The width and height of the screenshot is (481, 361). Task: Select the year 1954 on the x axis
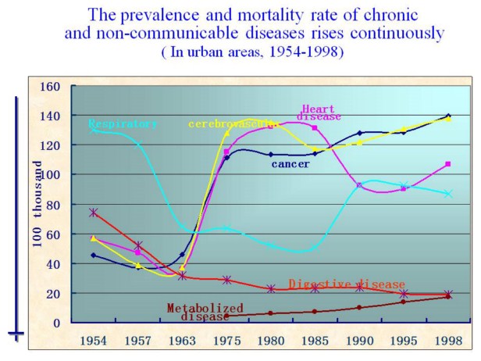click(x=94, y=342)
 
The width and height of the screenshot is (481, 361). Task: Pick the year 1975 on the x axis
click(x=226, y=342)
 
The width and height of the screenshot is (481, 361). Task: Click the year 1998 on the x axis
click(x=448, y=342)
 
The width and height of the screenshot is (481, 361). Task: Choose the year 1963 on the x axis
click(x=182, y=342)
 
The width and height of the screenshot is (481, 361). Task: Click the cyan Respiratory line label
click(x=123, y=123)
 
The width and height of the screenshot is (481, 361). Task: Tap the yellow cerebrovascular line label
click(x=233, y=123)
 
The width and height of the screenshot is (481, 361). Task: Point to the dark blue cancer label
click(x=290, y=164)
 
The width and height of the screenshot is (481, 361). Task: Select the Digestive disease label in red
click(x=347, y=284)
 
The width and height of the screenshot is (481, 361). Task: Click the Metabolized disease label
click(x=205, y=312)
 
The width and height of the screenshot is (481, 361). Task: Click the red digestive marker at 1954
click(x=94, y=213)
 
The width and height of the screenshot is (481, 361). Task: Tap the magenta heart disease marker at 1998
click(x=448, y=164)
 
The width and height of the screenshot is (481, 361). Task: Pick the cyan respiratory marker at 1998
click(x=448, y=193)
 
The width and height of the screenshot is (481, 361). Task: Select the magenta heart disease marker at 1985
click(x=315, y=127)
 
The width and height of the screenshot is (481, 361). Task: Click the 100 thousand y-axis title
click(x=37, y=205)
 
